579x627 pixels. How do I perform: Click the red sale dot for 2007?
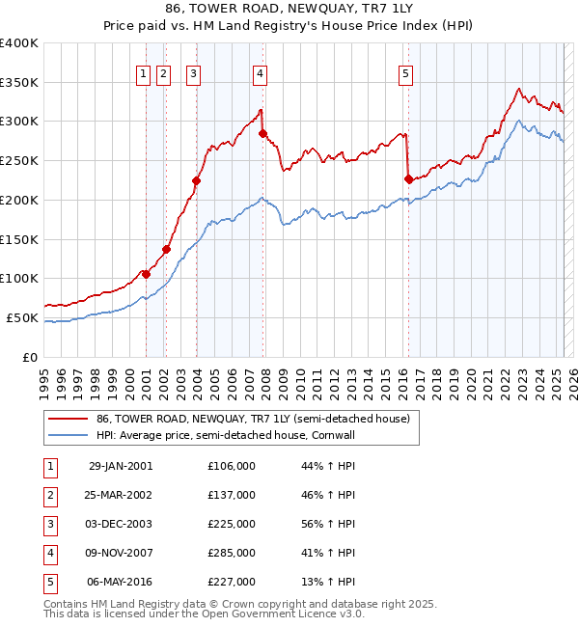coord(262,133)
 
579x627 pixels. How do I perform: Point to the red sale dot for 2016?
coord(408,178)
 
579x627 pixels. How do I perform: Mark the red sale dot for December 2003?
coord(196,180)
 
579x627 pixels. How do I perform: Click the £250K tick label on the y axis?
coord(19,160)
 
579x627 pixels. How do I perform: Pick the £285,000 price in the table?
coord(232,553)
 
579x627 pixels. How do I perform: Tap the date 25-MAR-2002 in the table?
coord(120,495)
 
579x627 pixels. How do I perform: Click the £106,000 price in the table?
coord(232,466)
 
